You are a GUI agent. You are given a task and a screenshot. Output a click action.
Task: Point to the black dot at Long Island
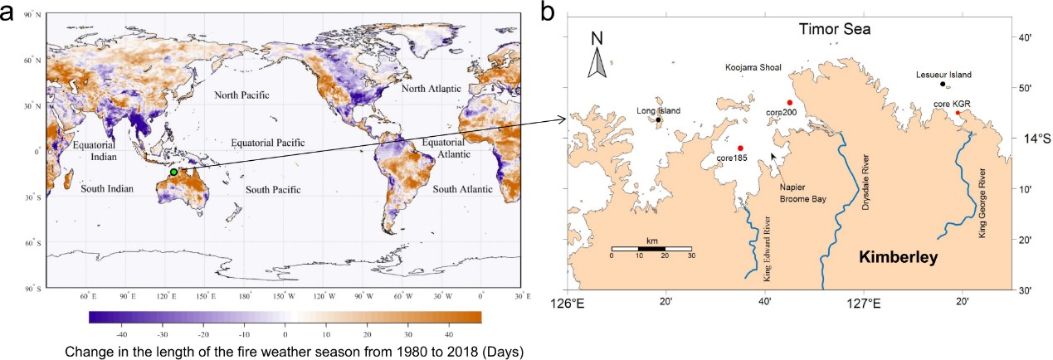pos(658,119)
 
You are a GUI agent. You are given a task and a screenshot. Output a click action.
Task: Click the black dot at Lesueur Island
pos(942,84)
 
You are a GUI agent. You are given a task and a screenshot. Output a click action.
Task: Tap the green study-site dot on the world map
pos(174,173)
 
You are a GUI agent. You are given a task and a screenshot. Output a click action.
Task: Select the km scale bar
pos(651,248)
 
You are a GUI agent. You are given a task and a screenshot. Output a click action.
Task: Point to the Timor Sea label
pos(833,30)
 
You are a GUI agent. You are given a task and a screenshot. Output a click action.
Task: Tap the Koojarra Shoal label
pos(753,67)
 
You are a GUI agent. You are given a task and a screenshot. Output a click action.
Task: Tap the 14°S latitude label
pos(1031,138)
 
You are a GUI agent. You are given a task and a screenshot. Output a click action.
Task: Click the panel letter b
pos(548,12)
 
